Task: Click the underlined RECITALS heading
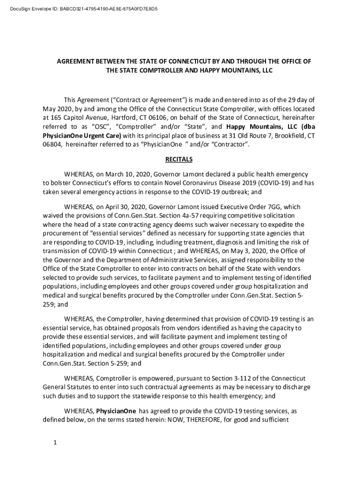179,160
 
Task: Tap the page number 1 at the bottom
55,443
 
